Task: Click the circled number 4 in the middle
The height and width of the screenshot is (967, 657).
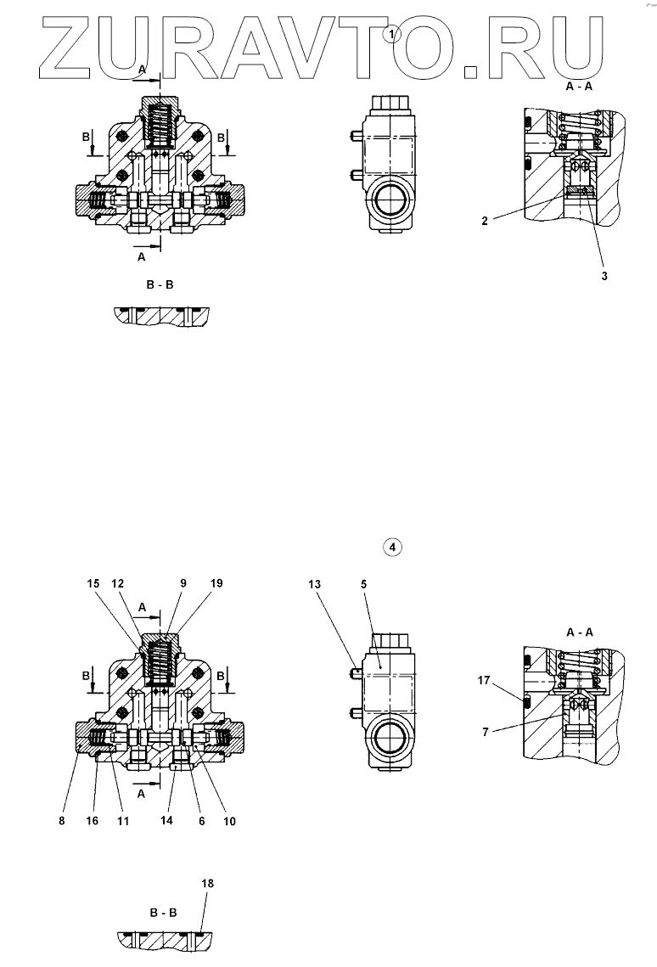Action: [x=392, y=548]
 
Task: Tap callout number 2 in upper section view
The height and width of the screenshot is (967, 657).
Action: [x=484, y=222]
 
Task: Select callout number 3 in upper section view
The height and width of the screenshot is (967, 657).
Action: [x=604, y=275]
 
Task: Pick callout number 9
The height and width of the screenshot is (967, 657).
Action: [x=183, y=583]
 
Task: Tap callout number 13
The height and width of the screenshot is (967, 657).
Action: [x=316, y=583]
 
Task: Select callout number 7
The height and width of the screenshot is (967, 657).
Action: [x=485, y=731]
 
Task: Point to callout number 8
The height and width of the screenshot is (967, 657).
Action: [x=62, y=821]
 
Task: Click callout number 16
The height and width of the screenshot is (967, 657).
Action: [x=92, y=821]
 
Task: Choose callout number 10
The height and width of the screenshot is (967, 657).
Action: [x=229, y=821]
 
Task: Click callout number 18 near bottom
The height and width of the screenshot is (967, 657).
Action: [x=209, y=883]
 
